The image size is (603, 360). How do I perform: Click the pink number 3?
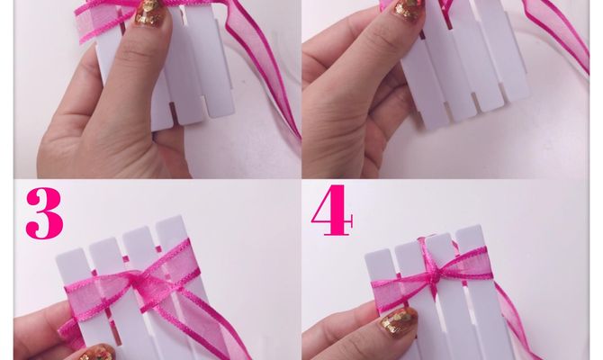(44, 212)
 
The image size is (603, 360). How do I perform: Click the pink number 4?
(331, 211)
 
